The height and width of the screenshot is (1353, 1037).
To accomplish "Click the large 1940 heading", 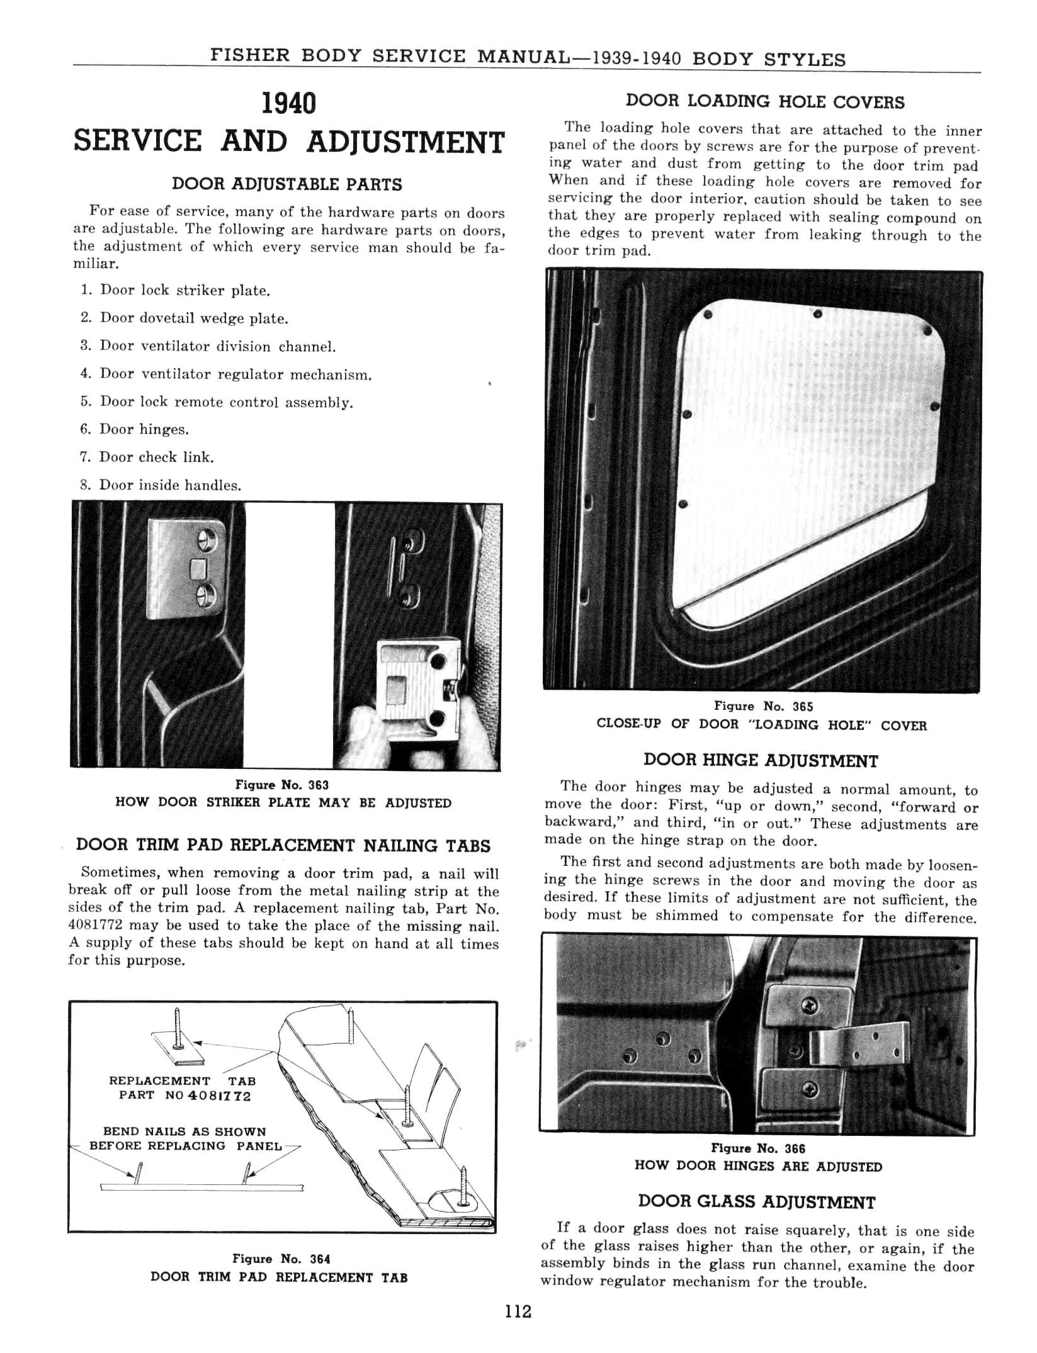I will point(288,104).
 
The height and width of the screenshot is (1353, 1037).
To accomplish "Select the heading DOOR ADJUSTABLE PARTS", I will point(287,184).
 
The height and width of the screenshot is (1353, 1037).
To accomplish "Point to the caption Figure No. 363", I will point(282,785).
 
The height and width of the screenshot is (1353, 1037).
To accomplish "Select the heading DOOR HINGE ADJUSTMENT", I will point(761,760).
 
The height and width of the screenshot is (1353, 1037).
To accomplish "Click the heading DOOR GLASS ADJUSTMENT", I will point(757,1202).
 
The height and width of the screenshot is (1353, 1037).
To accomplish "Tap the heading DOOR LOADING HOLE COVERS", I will point(765,102).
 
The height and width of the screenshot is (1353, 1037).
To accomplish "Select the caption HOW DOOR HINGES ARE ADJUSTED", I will point(758,1166).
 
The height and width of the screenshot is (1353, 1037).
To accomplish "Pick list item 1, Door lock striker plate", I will point(176,290).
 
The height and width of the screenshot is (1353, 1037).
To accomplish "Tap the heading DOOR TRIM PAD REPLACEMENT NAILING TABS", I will point(283,845).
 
